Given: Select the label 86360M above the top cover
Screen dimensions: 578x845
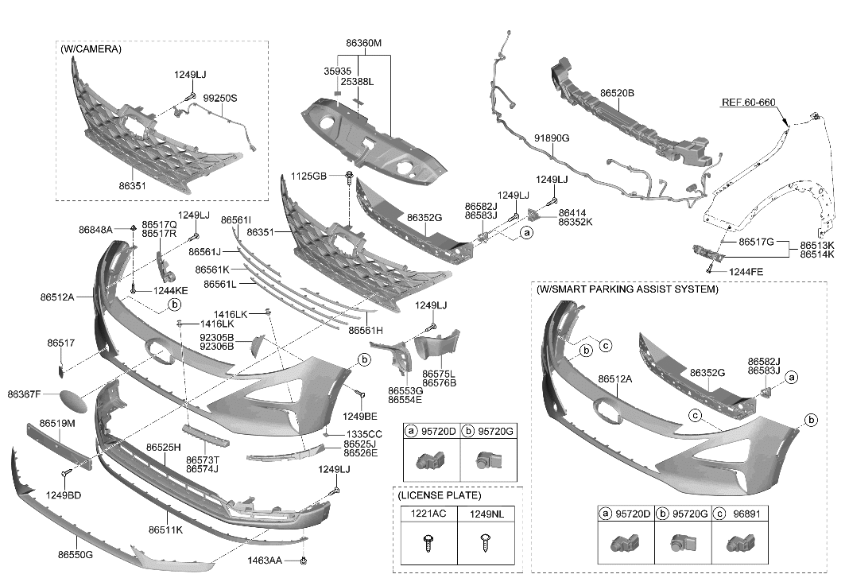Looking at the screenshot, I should tap(362, 42).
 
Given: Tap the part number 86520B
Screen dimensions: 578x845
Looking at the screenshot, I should tap(616, 93).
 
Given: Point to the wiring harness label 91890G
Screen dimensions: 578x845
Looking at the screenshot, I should tap(551, 138).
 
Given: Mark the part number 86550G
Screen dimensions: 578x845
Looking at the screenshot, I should tap(75, 553).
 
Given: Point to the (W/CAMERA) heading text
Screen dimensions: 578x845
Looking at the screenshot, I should tap(91, 49).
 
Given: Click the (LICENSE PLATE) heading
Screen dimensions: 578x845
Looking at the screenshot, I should tap(437, 495).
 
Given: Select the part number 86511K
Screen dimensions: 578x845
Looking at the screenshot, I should tap(165, 529).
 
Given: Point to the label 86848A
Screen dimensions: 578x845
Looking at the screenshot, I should tap(95, 230).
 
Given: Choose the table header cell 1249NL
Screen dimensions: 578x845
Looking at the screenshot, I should tap(486, 514).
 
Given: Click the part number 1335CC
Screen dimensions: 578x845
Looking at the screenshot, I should tap(363, 434).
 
